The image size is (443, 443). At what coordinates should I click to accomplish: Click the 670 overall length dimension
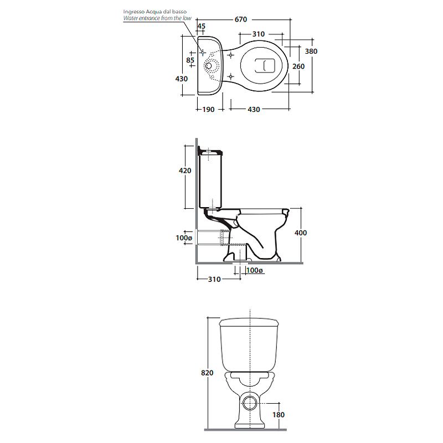point(241,19)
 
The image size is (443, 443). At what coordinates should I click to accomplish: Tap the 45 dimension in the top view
point(201,26)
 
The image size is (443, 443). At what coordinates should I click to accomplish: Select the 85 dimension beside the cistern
point(190,60)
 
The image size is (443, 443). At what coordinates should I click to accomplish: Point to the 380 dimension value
point(311,51)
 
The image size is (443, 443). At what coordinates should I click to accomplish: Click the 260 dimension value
point(298,66)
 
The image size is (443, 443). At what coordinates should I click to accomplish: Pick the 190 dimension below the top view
point(209,110)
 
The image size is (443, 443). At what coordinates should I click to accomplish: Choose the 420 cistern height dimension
point(185,171)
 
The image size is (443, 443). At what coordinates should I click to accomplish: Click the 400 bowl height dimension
point(301,233)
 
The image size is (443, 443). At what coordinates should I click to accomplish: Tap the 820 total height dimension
point(207,373)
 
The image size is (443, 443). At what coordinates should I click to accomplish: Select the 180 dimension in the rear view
point(279,415)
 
